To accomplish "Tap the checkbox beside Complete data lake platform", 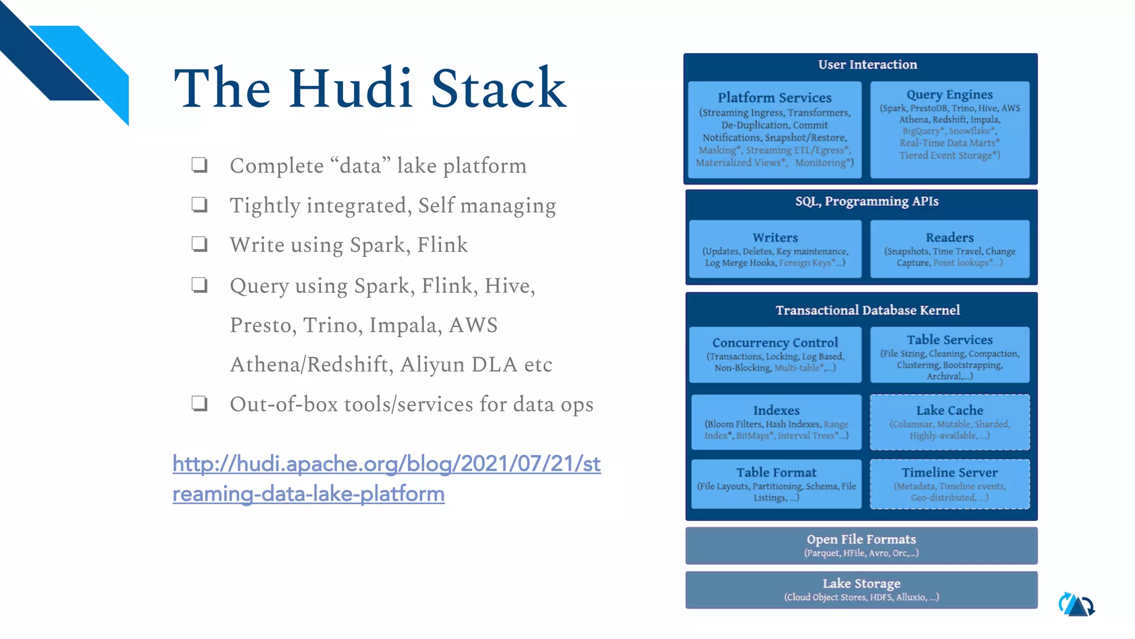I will click(200, 165).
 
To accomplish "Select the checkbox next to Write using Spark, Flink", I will click(200, 244).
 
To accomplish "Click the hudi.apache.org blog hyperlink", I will click(386, 478).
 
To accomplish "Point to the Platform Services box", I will click(774, 130).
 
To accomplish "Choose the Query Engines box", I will click(949, 130).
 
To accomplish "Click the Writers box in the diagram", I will click(775, 249).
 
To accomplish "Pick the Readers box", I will click(949, 249).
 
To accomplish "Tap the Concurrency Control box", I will click(775, 354).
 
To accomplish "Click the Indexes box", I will click(776, 422).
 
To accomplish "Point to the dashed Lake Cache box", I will click(949, 422).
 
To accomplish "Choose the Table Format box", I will click(776, 484).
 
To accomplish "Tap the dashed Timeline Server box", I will click(949, 484).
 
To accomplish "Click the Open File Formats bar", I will click(861, 545).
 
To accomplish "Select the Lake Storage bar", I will click(861, 590).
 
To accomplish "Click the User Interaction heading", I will click(867, 65).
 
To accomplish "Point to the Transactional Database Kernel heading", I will click(867, 310).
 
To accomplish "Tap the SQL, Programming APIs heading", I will click(867, 201).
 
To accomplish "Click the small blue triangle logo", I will click(1077, 605).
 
